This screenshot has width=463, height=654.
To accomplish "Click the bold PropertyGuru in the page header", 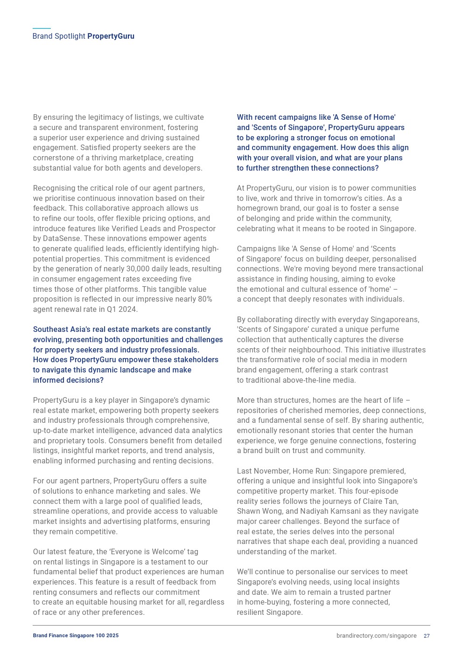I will tap(111, 36).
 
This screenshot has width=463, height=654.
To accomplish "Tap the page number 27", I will tap(427, 636).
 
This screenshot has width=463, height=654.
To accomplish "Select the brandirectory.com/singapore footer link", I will tap(376, 636).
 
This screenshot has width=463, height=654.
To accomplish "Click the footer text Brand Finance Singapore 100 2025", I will tap(76, 636).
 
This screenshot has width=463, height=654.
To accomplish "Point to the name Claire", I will tap(370, 502).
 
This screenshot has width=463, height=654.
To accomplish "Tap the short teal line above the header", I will tap(42, 28).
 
